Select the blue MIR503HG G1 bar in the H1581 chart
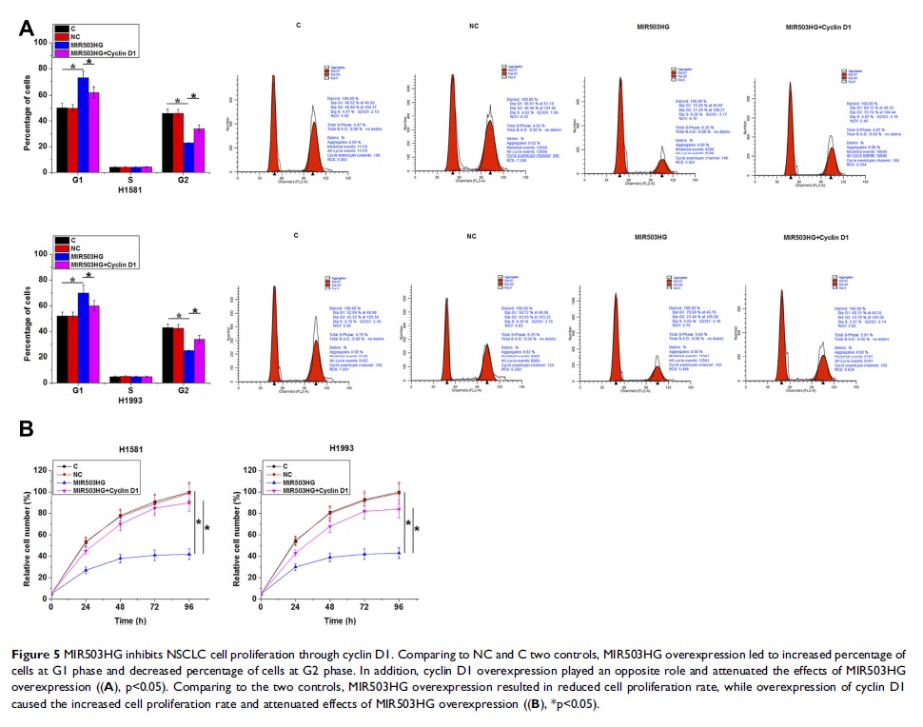coord(83,124)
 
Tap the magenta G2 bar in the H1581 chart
coord(199,149)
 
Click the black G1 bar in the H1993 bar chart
coord(61,348)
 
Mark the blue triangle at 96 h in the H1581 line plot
coord(188,554)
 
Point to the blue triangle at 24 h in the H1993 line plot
coord(294,566)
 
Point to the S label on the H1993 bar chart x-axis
coord(119,390)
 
